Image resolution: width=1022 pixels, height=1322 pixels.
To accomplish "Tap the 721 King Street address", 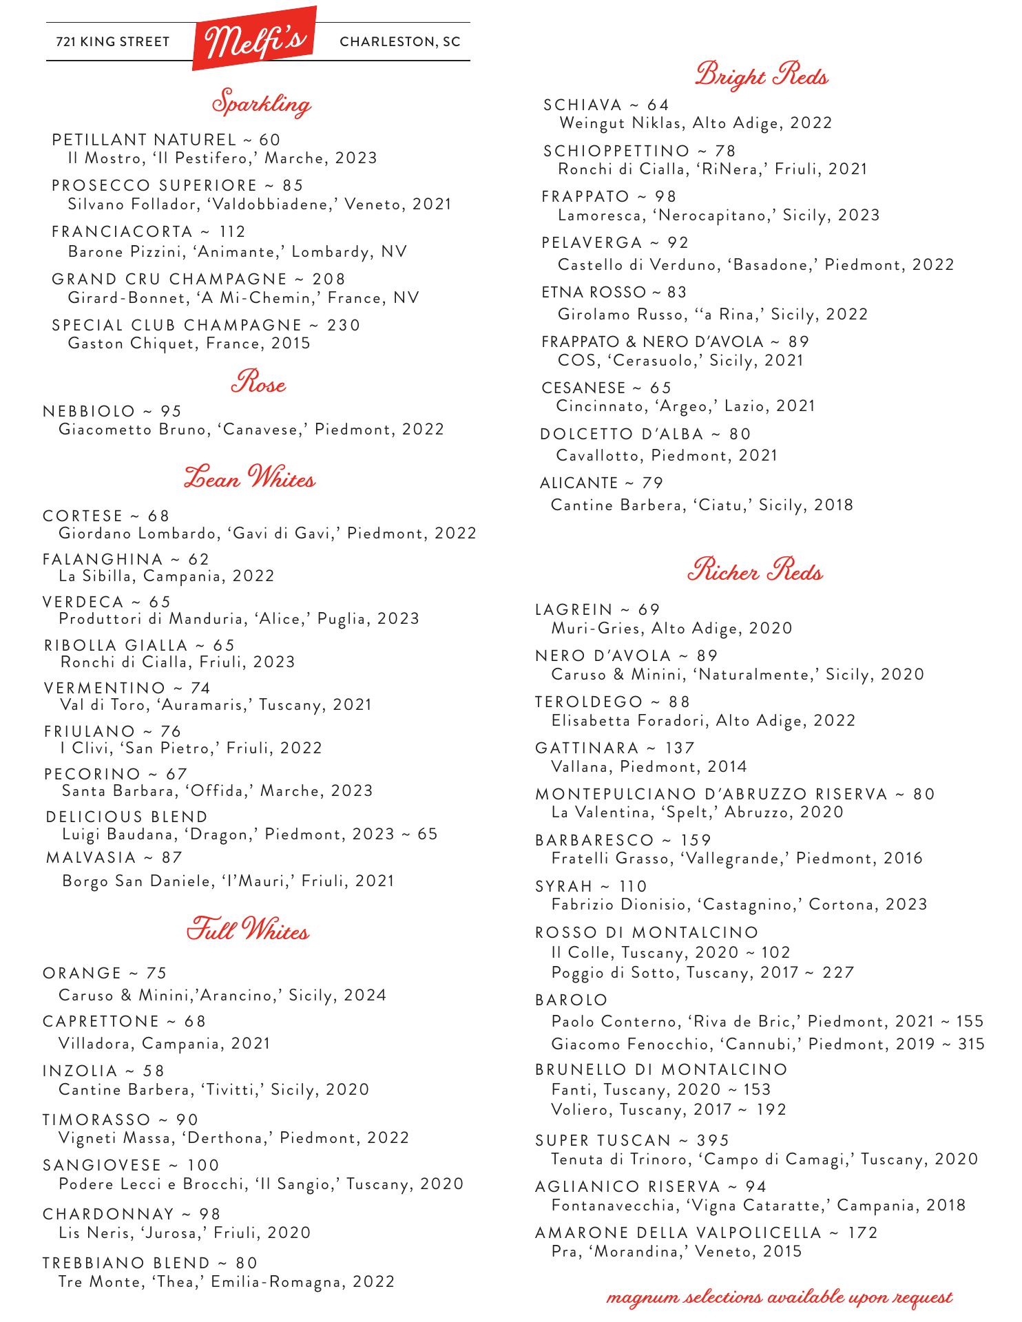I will (x=112, y=42).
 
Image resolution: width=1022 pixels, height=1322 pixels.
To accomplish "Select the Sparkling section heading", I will (x=260, y=103).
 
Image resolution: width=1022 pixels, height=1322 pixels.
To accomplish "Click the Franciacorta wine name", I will (x=121, y=232).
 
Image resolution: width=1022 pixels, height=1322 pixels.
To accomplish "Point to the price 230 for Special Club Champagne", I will (x=344, y=325).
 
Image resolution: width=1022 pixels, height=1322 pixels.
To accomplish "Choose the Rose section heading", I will (x=258, y=383).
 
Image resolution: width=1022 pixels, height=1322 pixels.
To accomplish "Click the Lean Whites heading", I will (x=249, y=478).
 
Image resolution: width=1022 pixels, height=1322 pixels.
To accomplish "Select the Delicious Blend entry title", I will (x=127, y=817).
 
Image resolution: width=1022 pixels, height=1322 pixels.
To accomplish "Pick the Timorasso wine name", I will (x=96, y=1120).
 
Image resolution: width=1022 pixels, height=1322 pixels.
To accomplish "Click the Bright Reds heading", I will (x=761, y=74).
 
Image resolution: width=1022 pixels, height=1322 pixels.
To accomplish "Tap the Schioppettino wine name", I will (x=616, y=151).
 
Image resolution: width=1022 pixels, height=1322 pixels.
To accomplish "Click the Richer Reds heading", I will (x=755, y=571).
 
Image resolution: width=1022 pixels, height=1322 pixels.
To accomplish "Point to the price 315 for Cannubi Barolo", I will (x=971, y=1044).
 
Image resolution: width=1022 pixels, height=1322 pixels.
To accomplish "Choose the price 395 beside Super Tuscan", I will (x=712, y=1140).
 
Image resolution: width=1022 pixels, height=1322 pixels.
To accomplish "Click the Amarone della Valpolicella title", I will (x=678, y=1232).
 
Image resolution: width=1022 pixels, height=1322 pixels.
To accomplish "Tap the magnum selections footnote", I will (x=779, y=1298).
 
